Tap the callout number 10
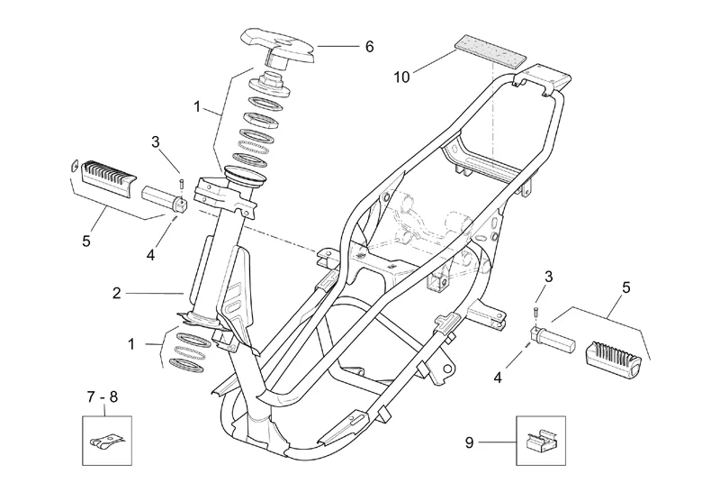(x=401, y=77)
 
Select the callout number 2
(x=116, y=293)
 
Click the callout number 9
(x=468, y=442)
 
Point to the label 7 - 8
(x=103, y=396)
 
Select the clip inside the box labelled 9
(x=539, y=440)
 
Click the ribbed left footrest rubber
(x=106, y=174)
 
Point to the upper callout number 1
(x=197, y=106)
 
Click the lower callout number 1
(x=132, y=344)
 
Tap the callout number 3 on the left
(x=155, y=141)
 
